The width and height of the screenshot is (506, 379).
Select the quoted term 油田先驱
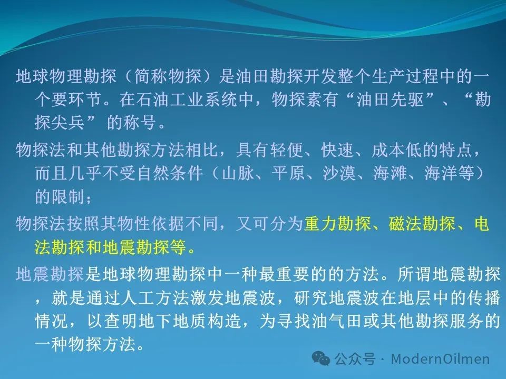pyautogui.click(x=390, y=99)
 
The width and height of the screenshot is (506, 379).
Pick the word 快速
pyautogui.click(x=337, y=150)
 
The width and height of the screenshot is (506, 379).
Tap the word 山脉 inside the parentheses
pyautogui.click(x=238, y=173)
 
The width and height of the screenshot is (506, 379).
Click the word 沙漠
pyautogui.click(x=339, y=173)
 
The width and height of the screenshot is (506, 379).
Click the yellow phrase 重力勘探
pyautogui.click(x=337, y=224)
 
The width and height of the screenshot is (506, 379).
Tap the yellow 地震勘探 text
pyautogui.click(x=135, y=247)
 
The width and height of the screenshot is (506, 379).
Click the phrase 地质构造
pyautogui.click(x=207, y=321)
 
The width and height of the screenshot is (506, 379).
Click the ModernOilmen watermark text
pyautogui.click(x=440, y=358)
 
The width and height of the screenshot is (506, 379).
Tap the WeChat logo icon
pyautogui.click(x=321, y=358)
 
